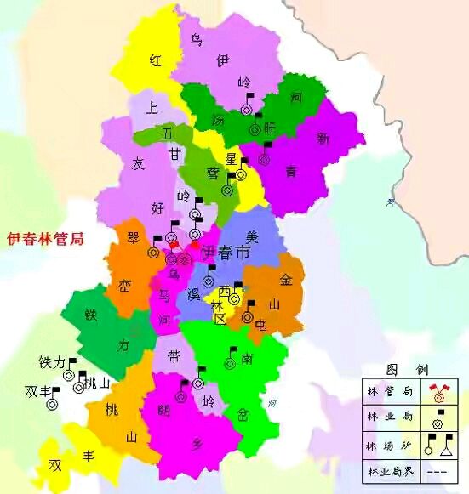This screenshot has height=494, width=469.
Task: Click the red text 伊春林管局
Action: click(44, 239)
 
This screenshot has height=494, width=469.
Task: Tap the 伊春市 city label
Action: click(226, 253)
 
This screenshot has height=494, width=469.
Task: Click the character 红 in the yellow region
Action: click(156, 60)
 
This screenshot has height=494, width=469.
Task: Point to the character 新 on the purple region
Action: click(323, 138)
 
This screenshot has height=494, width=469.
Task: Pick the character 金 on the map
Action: click(286, 279)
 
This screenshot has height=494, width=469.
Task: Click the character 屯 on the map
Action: click(261, 324)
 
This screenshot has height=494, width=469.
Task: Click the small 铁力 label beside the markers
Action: click(52, 362)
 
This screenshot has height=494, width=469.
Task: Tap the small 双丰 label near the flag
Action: click(37, 392)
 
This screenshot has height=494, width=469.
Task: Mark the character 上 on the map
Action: click(152, 108)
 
